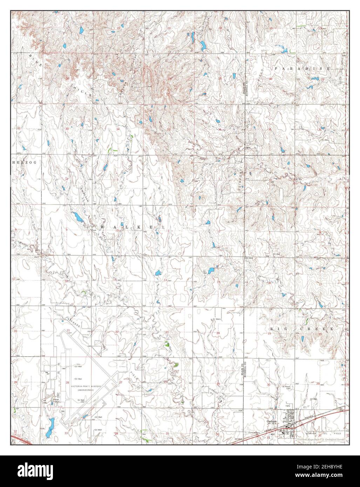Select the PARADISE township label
[x=302, y=69]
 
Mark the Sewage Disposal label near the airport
[x=55, y=400]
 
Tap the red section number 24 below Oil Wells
[x=218, y=332]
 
